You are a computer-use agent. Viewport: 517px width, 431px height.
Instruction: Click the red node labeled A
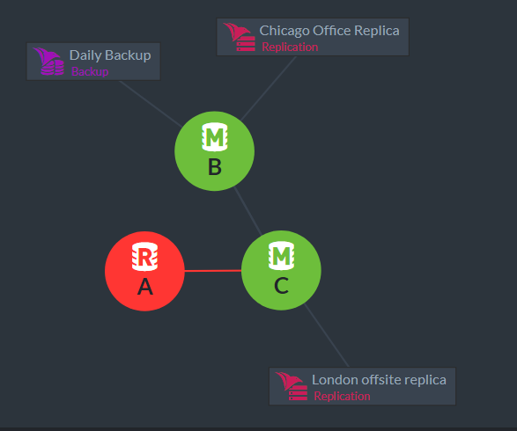[x=144, y=271]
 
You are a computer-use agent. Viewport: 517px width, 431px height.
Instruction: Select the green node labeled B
[x=214, y=151]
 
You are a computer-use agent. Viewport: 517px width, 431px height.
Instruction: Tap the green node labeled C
[x=281, y=270]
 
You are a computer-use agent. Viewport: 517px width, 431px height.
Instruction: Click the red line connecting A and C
[x=213, y=271]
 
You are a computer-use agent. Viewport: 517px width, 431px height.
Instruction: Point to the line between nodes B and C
[x=248, y=211]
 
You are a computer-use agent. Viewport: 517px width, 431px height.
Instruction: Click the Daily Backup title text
[x=110, y=55]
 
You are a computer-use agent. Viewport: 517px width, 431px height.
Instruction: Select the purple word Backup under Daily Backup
[x=90, y=71]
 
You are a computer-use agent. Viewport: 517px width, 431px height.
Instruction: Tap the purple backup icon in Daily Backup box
[x=48, y=62]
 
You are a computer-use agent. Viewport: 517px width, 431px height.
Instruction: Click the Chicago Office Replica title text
[x=329, y=31]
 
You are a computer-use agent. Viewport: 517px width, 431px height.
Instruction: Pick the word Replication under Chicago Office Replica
[x=290, y=47]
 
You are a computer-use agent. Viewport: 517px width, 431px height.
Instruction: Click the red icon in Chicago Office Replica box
[x=240, y=37]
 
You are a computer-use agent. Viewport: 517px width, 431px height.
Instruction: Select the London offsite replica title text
[x=379, y=380]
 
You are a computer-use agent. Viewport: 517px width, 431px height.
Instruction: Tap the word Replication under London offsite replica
[x=342, y=396]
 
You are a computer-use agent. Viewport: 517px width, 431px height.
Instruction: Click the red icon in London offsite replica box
[x=292, y=386]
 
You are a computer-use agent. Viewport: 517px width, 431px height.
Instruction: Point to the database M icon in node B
[x=215, y=137]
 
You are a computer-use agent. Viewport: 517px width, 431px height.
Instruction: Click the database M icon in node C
[x=281, y=256]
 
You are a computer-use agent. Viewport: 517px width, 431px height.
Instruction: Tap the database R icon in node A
[x=144, y=257]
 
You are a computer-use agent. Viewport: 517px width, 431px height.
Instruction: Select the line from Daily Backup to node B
[x=151, y=104]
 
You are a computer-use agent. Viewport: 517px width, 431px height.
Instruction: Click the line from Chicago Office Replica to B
[x=269, y=89]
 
